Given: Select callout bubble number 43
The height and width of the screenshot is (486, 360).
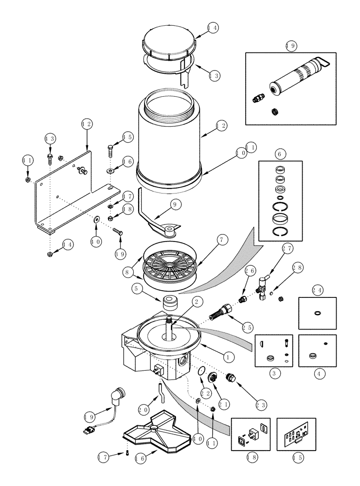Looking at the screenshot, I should coord(50,139).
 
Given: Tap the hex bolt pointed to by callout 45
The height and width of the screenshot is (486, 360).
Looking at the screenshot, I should coord(110,149).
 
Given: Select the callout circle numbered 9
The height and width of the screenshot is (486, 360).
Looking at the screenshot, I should coord(175,205).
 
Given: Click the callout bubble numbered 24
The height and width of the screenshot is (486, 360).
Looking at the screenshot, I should coord(317,291).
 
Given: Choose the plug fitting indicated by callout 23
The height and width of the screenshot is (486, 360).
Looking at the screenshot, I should coord(232,377).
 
